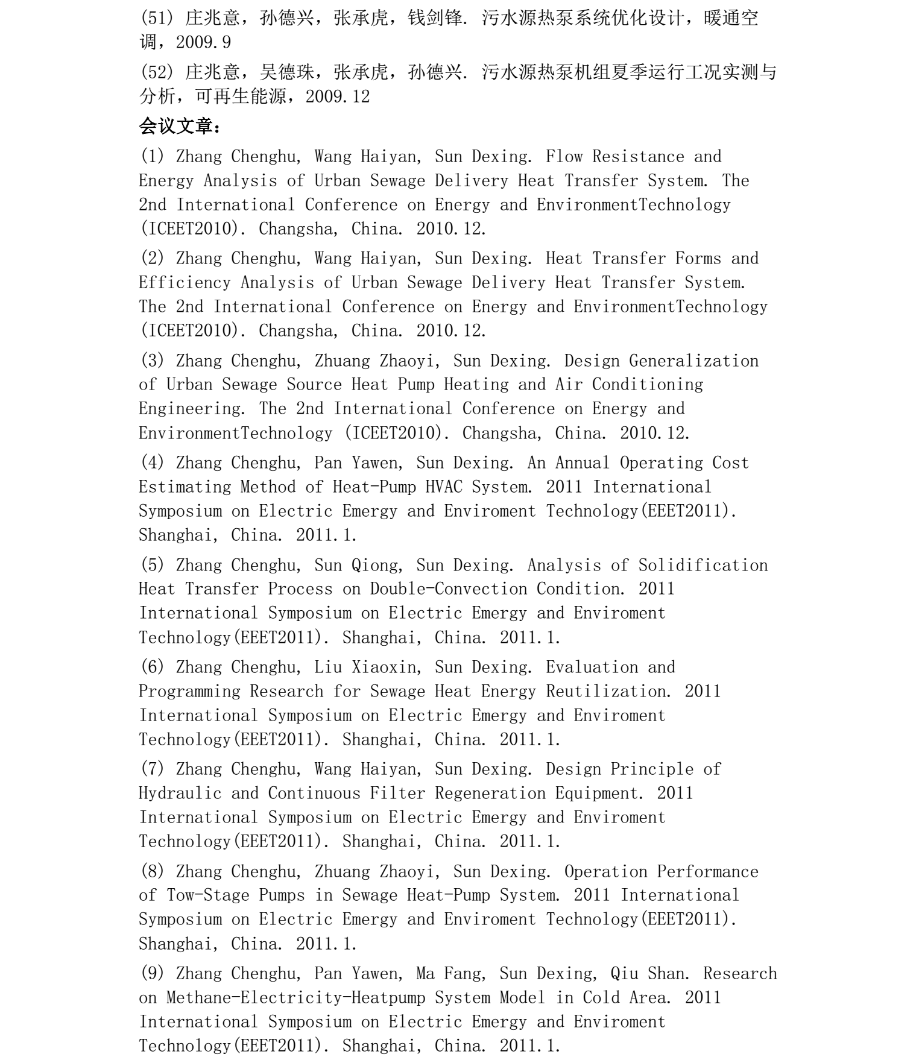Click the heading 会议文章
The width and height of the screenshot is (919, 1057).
point(180,127)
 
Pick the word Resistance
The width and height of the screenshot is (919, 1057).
point(638,157)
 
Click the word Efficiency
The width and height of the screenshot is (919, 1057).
point(185,283)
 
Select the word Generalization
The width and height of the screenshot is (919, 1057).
point(693,361)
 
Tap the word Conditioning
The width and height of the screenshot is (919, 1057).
point(647,385)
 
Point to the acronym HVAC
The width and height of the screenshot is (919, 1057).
point(443,487)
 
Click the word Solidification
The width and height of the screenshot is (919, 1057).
point(703,566)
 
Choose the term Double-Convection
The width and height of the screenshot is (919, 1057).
point(448,589)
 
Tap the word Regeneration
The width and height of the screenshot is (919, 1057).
point(490,794)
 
